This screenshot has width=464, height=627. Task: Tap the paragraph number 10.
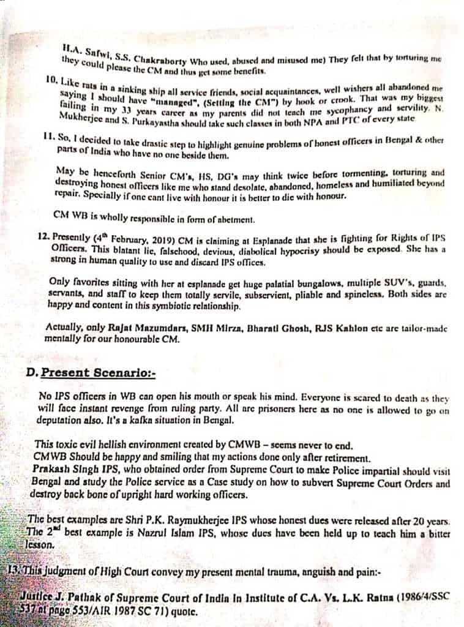pyautogui.click(x=51, y=80)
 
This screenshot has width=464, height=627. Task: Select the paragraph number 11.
pyautogui.click(x=52, y=136)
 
